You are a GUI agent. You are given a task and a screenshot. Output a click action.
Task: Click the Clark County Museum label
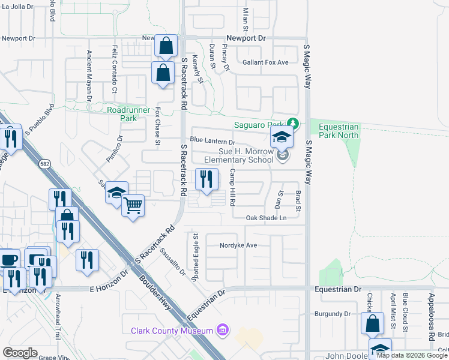[x=172, y=331]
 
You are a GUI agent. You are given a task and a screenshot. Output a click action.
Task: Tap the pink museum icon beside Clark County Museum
[x=223, y=330]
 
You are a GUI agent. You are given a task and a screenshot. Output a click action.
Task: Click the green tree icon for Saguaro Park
[x=292, y=124]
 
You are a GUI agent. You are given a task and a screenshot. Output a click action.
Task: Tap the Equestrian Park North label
[x=339, y=131]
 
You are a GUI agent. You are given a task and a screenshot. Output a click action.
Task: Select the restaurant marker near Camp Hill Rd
[x=205, y=179]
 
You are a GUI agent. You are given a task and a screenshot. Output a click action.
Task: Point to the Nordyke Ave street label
[x=238, y=245]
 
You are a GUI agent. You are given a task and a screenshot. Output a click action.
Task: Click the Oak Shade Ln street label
[x=266, y=218]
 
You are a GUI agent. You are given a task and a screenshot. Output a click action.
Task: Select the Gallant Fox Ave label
[x=265, y=62]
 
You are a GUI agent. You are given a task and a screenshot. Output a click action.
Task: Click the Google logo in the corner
[x=20, y=353]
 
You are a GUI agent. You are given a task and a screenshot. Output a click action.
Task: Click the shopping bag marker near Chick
[x=373, y=323]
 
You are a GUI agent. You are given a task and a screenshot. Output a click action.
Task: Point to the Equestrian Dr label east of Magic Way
[x=338, y=289]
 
